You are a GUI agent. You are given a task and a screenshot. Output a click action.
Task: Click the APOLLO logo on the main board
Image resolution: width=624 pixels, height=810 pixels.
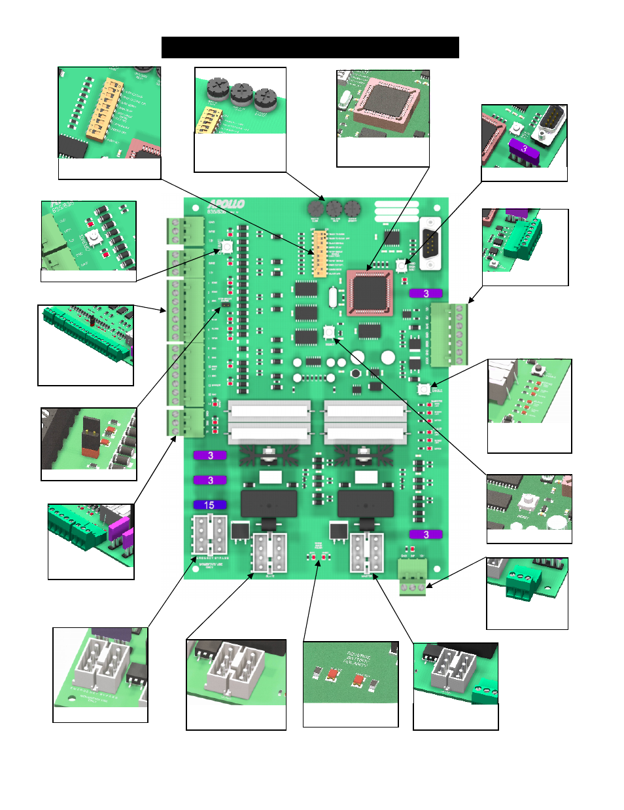[x=226, y=204]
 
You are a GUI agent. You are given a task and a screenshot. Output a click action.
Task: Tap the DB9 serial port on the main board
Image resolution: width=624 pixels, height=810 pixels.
[x=430, y=243]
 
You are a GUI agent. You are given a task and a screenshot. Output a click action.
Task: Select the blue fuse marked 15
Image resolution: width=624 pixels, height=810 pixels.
[x=210, y=505]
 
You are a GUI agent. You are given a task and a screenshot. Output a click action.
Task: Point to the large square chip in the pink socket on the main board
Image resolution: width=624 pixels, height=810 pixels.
[x=370, y=292]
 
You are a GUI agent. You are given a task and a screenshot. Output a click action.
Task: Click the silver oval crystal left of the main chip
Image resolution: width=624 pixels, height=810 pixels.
[x=333, y=297]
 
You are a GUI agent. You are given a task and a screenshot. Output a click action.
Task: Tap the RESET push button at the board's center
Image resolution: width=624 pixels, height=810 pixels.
[x=329, y=332]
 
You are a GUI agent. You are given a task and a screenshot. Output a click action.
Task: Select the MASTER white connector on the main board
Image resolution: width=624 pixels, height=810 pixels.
[x=367, y=553]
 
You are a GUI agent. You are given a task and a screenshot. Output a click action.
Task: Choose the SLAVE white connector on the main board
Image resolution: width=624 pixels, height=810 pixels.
[x=269, y=553]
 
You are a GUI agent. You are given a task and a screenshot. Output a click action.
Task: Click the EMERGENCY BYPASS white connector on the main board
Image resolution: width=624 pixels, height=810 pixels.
[x=209, y=535]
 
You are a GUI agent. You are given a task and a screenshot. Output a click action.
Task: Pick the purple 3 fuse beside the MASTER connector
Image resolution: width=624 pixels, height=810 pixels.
[x=426, y=534]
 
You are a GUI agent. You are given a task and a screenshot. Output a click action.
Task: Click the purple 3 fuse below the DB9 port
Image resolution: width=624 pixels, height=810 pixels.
[x=426, y=293]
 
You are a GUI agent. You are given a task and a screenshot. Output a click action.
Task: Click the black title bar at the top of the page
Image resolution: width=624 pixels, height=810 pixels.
[x=310, y=48]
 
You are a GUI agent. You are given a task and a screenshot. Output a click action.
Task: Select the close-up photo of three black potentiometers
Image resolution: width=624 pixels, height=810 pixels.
[x=240, y=101]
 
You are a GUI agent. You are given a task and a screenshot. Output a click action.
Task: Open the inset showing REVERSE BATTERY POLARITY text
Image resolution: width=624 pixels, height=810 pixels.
[x=351, y=672]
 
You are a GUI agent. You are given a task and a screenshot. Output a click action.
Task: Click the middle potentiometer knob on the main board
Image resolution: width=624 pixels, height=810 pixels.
[x=334, y=209]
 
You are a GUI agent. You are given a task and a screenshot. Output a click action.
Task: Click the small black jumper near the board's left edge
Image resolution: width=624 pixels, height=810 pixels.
[x=224, y=304]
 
